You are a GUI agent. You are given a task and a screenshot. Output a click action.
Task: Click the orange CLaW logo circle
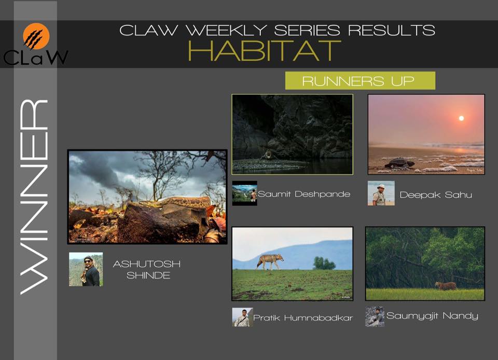click(36, 36)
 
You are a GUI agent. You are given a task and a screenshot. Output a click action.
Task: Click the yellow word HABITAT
click(265, 51)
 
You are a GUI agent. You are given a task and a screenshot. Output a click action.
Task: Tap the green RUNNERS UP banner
click(360, 80)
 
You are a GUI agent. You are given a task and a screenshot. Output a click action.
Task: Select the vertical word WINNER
click(34, 197)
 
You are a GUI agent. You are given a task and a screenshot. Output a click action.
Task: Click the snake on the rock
click(176, 202)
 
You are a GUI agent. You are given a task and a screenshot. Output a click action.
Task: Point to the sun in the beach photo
click(461, 118)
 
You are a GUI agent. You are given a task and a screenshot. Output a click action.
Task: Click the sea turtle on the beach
click(399, 163)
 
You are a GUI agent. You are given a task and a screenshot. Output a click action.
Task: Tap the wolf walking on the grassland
click(270, 261)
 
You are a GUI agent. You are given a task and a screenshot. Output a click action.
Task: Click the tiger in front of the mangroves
click(446, 286)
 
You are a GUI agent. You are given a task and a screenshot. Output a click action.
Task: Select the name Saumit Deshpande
click(304, 194)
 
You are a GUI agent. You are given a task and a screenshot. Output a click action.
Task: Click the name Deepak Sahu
click(436, 195)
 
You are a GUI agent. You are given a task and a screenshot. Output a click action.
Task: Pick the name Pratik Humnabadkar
click(303, 318)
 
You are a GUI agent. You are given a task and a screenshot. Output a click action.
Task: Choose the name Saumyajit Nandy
click(432, 316)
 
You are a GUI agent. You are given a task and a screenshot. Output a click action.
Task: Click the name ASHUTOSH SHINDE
click(147, 270)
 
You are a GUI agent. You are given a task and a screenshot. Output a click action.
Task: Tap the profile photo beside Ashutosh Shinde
click(86, 269)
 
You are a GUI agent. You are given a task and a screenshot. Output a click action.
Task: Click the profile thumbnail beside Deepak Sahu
click(381, 193)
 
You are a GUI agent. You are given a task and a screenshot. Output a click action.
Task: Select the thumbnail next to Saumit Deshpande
click(244, 193)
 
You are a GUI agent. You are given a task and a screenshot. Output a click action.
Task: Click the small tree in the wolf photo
click(324, 263)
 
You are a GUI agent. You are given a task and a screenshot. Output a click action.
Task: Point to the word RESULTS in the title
click(391, 30)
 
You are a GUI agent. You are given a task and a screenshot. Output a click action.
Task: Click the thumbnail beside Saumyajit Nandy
click(375, 316)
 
